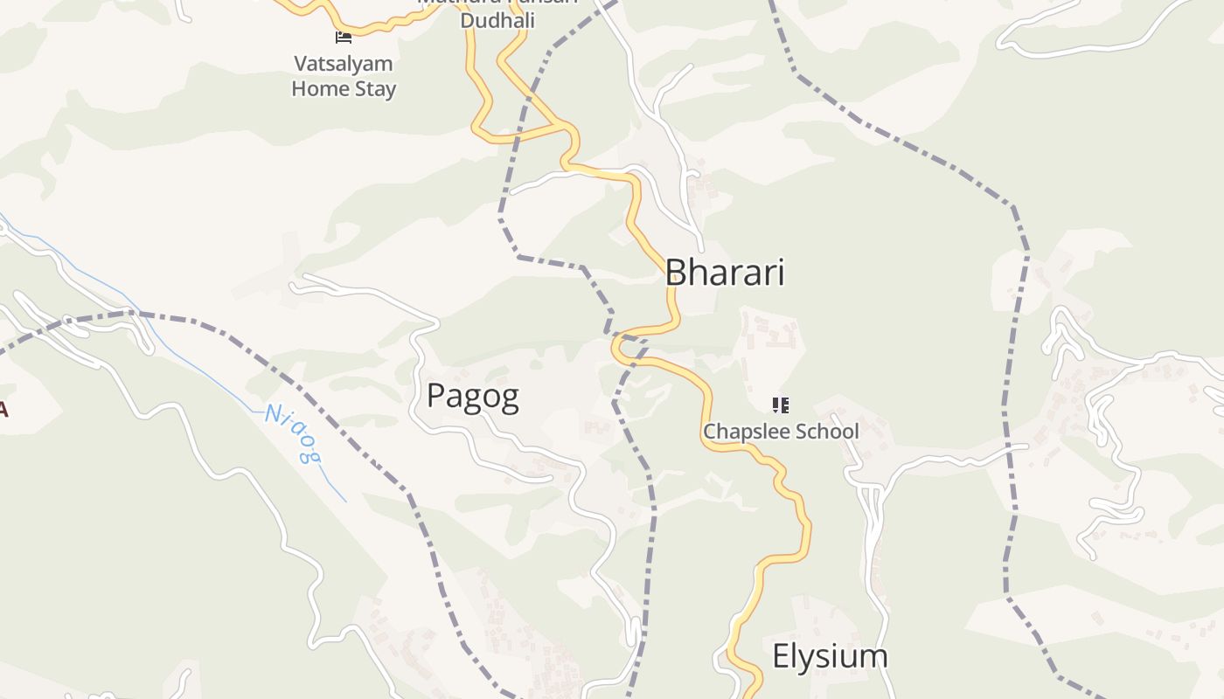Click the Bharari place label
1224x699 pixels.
725,273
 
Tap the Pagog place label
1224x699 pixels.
472,397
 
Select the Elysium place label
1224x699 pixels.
830,656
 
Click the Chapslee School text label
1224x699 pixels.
781,432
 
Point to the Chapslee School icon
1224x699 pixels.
781,405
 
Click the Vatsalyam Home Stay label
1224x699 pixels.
344,76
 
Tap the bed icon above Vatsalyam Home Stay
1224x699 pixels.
344,37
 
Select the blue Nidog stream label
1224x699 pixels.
294,433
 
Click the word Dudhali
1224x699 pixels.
497,20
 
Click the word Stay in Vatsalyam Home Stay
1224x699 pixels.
374,89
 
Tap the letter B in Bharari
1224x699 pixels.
676,273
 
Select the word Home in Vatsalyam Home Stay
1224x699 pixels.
319,89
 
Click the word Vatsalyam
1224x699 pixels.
344,64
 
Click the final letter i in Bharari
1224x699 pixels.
780,273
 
